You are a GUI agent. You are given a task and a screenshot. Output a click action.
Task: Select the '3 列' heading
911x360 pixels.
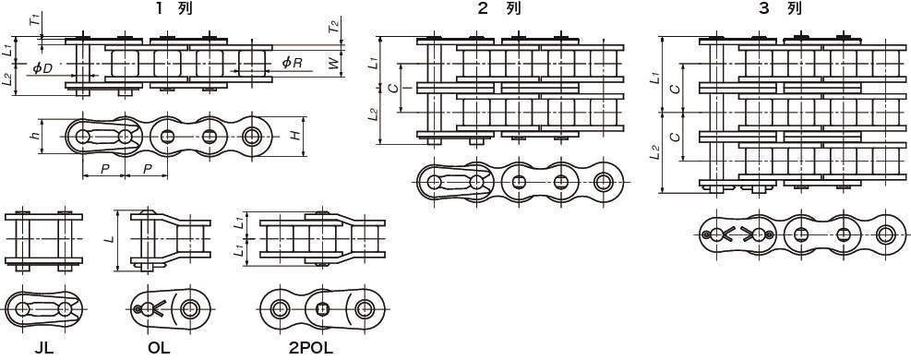click(x=786, y=8)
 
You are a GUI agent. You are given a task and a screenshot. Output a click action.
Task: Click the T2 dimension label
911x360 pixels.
click(x=333, y=26)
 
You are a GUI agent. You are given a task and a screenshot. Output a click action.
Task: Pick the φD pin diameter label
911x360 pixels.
click(x=42, y=67)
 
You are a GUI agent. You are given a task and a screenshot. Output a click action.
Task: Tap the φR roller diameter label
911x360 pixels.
click(x=292, y=62)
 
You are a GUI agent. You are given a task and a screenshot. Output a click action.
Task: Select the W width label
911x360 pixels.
click(x=333, y=63)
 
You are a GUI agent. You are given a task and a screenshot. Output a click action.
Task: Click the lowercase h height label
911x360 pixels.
click(x=35, y=136)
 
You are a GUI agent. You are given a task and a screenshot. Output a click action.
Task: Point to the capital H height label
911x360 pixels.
click(x=295, y=136)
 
